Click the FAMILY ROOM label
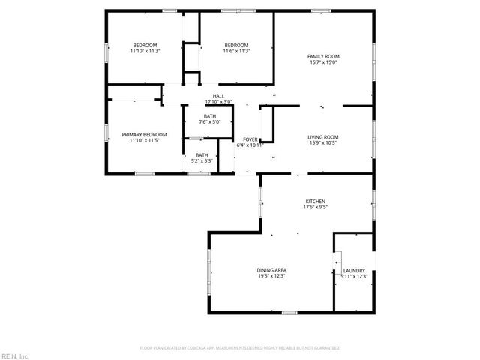coord(322,57)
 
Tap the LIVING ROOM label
coord(322,136)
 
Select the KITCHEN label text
coord(314,202)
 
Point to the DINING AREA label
coord(272,270)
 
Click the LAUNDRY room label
coord(354,270)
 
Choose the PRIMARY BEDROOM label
coord(144,134)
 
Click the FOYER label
coord(250,139)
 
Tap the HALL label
coord(218,96)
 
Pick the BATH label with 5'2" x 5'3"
coord(202,155)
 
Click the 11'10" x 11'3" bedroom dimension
coord(145,51)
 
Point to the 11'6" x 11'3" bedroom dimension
coord(235,51)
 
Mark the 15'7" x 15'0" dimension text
coord(322,64)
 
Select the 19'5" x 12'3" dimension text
coord(272,277)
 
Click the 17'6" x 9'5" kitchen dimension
coord(314,208)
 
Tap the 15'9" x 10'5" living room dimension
coord(322,143)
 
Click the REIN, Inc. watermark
coord(15,355)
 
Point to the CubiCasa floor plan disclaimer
coord(240,348)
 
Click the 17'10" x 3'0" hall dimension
coord(218,102)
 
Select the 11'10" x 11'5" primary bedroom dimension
coord(144,141)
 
